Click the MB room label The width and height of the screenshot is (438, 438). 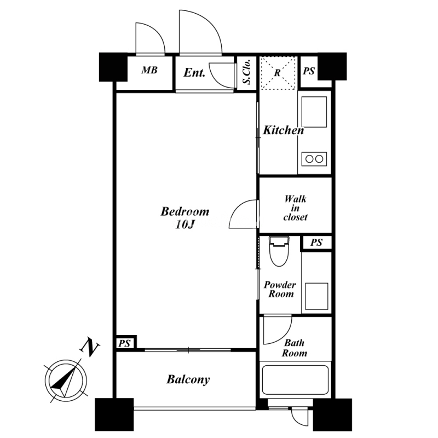click(x=149, y=70)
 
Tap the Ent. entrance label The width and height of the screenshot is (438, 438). click(x=194, y=73)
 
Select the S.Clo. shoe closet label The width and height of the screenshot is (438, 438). click(x=246, y=72)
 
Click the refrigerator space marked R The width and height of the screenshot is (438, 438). click(x=278, y=73)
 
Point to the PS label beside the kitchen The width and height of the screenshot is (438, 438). click(x=309, y=71)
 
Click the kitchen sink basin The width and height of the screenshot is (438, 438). click(x=314, y=112)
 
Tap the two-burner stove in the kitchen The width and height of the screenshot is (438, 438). click(x=314, y=159)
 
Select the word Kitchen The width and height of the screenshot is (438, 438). click(x=284, y=130)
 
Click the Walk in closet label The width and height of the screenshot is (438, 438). click(x=295, y=208)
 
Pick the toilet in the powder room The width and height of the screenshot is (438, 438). click(x=279, y=251)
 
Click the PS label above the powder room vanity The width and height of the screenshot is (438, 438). click(x=316, y=242)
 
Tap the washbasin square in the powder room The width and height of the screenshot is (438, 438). click(x=316, y=296)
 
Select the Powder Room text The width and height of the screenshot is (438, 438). click(x=280, y=290)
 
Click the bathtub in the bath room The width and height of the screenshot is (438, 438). click(x=295, y=379)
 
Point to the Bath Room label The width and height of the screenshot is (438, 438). click(x=295, y=348)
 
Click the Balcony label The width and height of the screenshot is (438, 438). click(x=188, y=379)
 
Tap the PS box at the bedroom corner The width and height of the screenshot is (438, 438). click(x=124, y=343)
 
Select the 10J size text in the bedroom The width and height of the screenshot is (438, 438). click(x=185, y=225)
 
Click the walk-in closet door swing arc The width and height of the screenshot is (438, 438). click(x=238, y=209)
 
